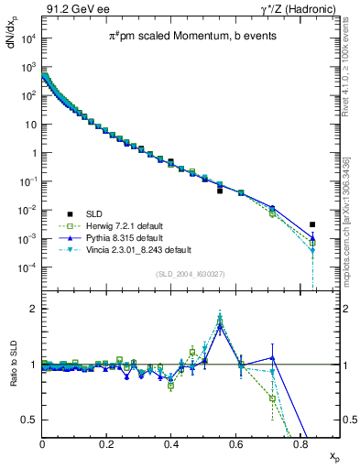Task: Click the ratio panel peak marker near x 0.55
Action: coord(220,319)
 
